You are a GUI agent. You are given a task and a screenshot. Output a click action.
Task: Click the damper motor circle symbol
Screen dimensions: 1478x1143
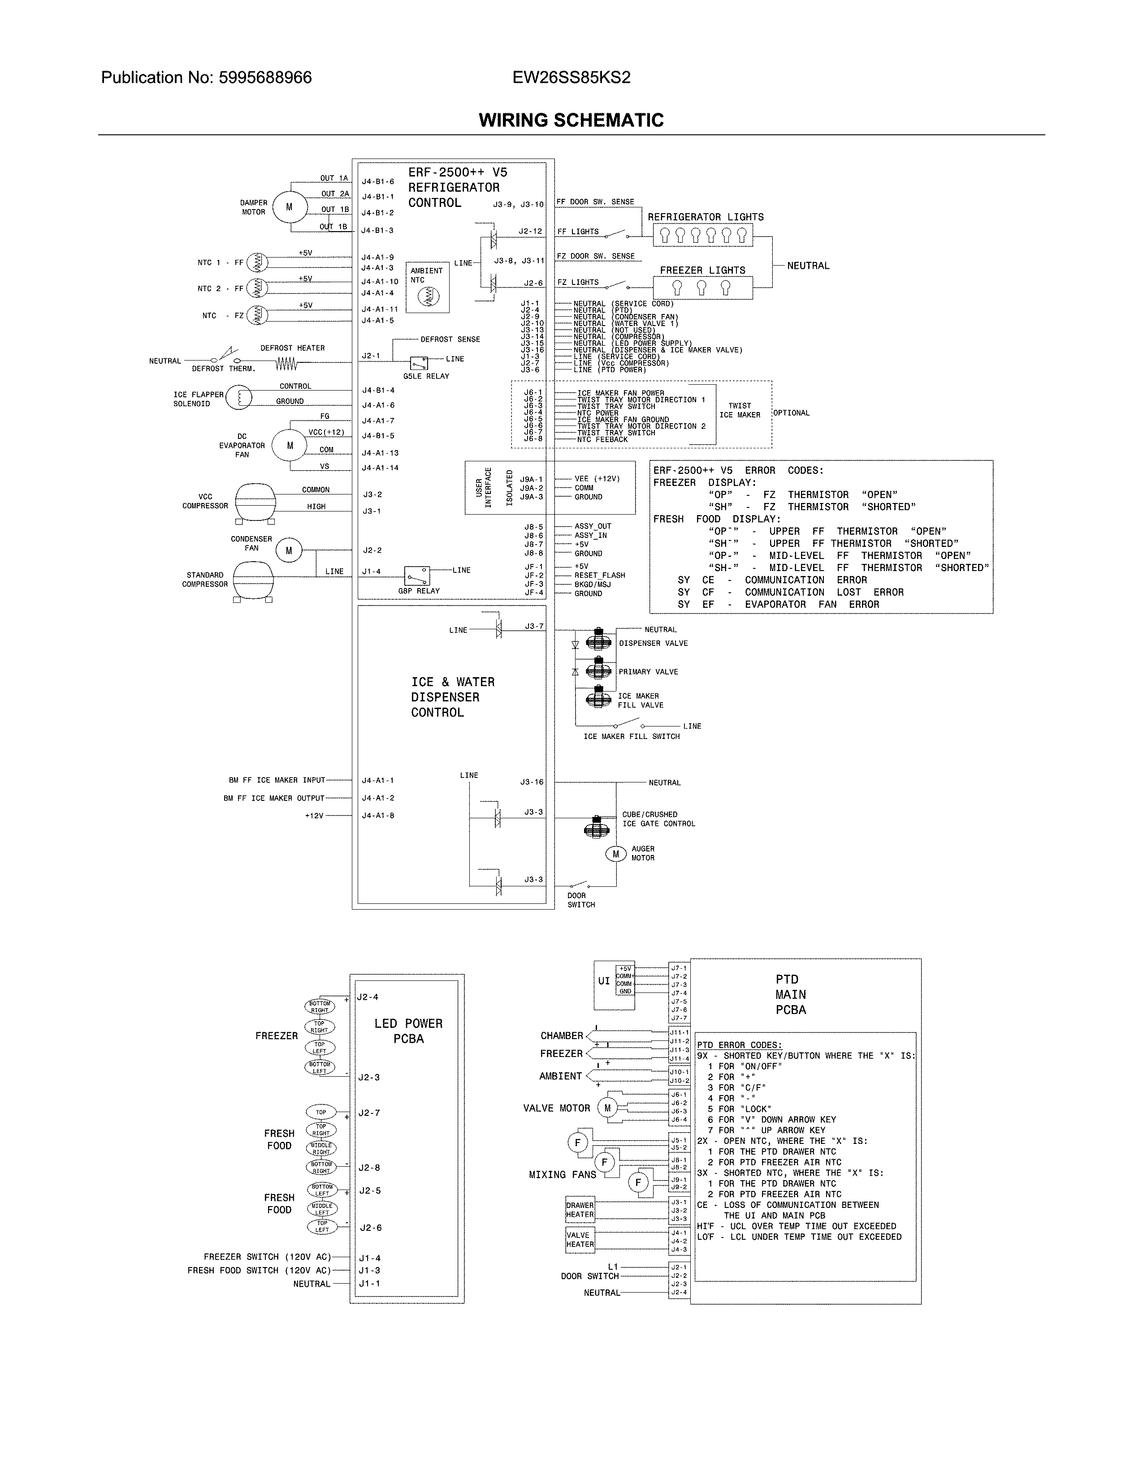click(289, 207)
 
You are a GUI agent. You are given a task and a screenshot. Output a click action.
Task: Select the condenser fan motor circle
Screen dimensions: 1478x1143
click(289, 551)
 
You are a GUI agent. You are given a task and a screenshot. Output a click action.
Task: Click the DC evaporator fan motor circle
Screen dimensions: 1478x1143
click(290, 445)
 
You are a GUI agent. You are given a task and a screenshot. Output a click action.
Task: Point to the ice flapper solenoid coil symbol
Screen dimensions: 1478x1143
click(238, 397)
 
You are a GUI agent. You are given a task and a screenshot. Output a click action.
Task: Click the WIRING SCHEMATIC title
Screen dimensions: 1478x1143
click(571, 120)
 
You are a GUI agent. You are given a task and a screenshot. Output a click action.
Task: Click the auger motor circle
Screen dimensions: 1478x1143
click(615, 854)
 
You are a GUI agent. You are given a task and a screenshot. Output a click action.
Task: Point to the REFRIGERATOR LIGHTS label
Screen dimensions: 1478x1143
click(705, 217)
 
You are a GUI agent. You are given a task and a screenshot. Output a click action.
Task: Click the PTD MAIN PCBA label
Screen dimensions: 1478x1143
click(790, 994)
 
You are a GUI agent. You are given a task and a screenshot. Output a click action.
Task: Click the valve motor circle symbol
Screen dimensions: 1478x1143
click(607, 1108)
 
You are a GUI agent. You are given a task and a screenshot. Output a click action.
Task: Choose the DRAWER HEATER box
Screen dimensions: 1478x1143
click(580, 1209)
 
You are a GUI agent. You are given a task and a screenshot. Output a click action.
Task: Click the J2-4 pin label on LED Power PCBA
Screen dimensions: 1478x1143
click(368, 997)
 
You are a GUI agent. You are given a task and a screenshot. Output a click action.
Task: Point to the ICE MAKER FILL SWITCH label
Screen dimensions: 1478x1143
click(631, 736)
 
